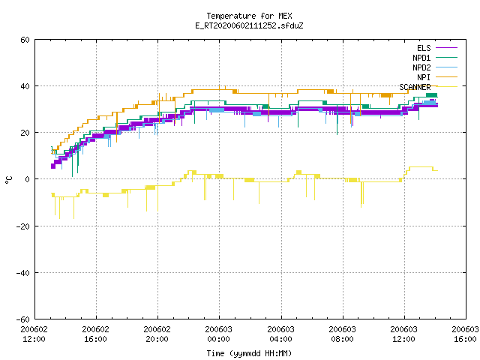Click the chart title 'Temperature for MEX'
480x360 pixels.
[x=249, y=16]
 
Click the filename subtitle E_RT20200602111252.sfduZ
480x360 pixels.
[x=249, y=25]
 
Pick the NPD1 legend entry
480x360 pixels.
[x=435, y=58]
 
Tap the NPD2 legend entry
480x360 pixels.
[x=435, y=67]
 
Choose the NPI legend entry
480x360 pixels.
[x=436, y=77]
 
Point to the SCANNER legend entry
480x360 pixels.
[x=428, y=87]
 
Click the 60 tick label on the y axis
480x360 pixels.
[x=25, y=40]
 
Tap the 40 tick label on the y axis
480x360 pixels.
[x=25, y=86]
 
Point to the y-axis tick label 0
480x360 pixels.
[x=27, y=179]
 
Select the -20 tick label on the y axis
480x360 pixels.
[x=23, y=226]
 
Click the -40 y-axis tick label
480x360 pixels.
[x=23, y=273]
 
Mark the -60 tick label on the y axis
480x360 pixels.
[x=23, y=319]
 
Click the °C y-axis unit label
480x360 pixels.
[x=9, y=180]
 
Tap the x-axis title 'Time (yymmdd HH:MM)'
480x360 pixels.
[x=249, y=353]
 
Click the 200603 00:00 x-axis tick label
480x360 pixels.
[x=219, y=334]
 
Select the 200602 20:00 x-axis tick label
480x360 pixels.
[x=157, y=334]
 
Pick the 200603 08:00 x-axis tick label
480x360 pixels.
[x=342, y=334]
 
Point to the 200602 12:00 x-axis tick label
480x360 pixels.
[x=34, y=334]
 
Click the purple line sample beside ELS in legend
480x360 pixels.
[x=447, y=48]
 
